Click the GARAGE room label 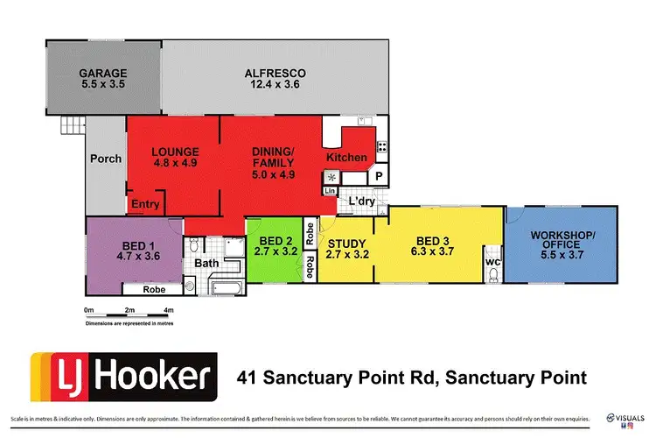click(x=102, y=74)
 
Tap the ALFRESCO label click(x=274, y=74)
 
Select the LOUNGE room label click(x=175, y=151)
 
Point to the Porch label click(x=106, y=159)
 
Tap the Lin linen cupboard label click(x=331, y=190)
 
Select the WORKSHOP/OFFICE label click(x=562, y=239)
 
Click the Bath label click(x=206, y=263)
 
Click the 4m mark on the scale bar click(x=168, y=309)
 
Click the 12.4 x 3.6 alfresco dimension click(x=274, y=86)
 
